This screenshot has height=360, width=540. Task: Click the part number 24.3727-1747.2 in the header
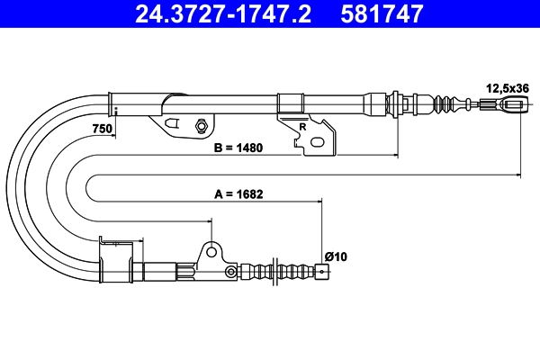pyautogui.click(x=223, y=13)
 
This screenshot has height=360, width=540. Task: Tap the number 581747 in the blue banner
pyautogui.click(x=382, y=13)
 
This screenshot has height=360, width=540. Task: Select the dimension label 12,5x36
pyautogui.click(x=508, y=88)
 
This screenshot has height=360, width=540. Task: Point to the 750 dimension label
pyautogui.click(x=103, y=129)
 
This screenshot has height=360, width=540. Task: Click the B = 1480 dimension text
pyautogui.click(x=238, y=148)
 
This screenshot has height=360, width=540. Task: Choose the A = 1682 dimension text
pyautogui.click(x=238, y=194)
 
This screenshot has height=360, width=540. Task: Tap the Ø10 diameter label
pyautogui.click(x=336, y=256)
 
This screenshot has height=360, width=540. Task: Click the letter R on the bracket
pyautogui.click(x=302, y=127)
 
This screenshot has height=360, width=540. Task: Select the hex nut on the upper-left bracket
pyautogui.click(x=201, y=125)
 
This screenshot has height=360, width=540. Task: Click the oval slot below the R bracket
pyautogui.click(x=317, y=142)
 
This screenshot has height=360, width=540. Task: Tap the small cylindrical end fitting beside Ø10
pyautogui.click(x=321, y=271)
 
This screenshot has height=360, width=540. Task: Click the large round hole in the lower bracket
pyautogui.click(x=211, y=253)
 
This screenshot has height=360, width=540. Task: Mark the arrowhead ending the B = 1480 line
pyautogui.click(x=396, y=156)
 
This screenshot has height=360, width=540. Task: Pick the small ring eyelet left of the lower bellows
pyautogui.click(x=230, y=272)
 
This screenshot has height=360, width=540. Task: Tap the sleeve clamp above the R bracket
pyautogui.click(x=291, y=103)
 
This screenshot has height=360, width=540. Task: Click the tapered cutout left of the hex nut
pyautogui.click(x=172, y=123)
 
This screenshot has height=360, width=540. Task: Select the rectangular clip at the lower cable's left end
pyautogui.click(x=116, y=260)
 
